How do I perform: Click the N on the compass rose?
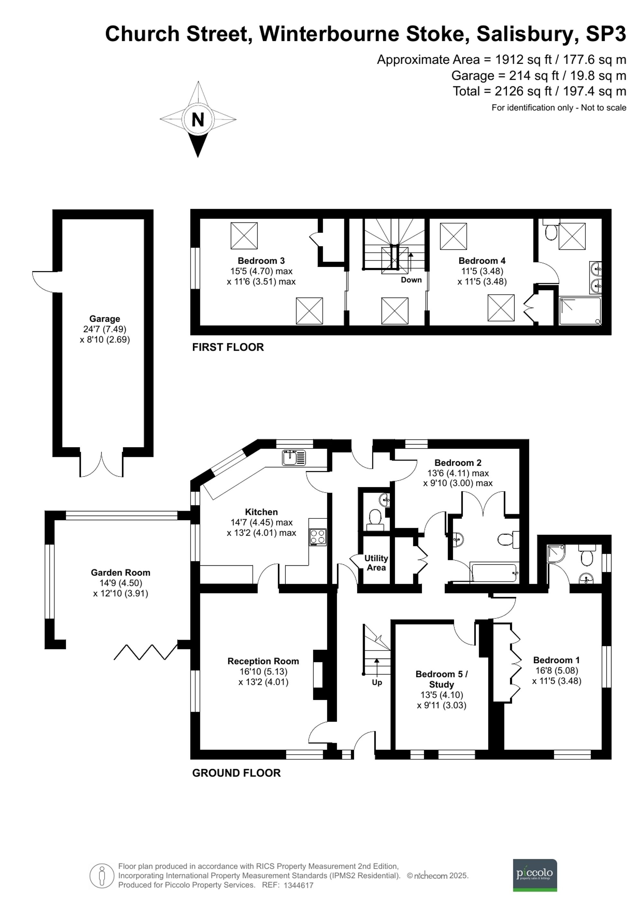tap(198, 119)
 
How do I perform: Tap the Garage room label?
tap(104, 319)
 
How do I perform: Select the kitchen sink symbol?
tap(294, 458)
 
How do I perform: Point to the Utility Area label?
tap(376, 563)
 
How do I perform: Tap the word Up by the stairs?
tap(376, 682)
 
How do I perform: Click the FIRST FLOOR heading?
tap(228, 347)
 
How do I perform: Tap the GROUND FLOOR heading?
tap(236, 773)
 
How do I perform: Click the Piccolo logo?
tap(535, 875)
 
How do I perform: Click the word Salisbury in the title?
tap(525, 34)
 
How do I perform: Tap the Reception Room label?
tap(263, 661)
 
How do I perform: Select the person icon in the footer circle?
tap(102, 876)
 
